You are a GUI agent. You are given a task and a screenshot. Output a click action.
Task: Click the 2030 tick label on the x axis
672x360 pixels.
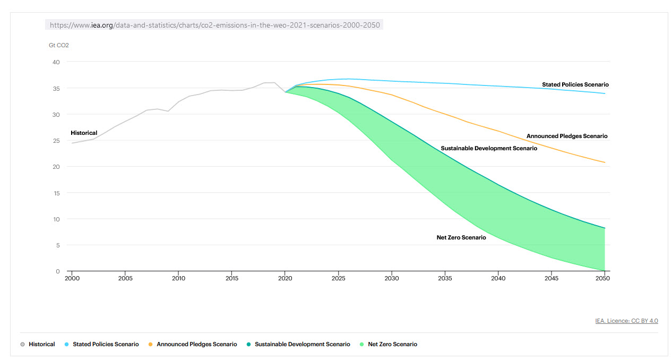point(391,278)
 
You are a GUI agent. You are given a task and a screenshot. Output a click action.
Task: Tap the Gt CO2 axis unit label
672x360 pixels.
point(59,45)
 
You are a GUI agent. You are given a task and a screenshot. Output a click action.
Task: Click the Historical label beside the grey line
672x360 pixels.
point(84,133)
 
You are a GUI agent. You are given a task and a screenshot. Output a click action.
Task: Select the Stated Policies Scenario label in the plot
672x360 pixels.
point(575,85)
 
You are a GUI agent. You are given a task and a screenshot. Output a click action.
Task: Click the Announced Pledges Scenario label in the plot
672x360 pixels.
point(566,136)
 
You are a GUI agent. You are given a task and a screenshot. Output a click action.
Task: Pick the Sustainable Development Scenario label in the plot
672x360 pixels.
point(489,149)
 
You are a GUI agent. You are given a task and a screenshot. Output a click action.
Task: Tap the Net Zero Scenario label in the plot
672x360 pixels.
point(461,238)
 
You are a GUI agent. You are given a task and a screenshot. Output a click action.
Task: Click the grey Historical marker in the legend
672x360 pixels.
point(22,345)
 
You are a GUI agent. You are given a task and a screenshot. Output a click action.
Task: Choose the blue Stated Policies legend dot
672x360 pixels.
point(67,345)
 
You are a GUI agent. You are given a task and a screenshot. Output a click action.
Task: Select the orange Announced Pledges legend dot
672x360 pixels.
point(151,345)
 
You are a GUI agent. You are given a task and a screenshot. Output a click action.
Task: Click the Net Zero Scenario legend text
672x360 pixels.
point(392,345)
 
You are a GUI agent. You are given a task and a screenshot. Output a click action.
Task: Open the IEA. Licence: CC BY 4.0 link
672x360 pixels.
point(626,321)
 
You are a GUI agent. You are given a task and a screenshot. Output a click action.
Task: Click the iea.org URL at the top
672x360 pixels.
point(215,25)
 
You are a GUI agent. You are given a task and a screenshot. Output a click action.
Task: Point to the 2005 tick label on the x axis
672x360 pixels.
point(125,278)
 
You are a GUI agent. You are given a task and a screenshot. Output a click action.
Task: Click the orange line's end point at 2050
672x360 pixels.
point(605,162)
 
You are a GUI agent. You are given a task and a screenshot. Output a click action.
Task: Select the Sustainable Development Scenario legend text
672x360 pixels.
point(302,345)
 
